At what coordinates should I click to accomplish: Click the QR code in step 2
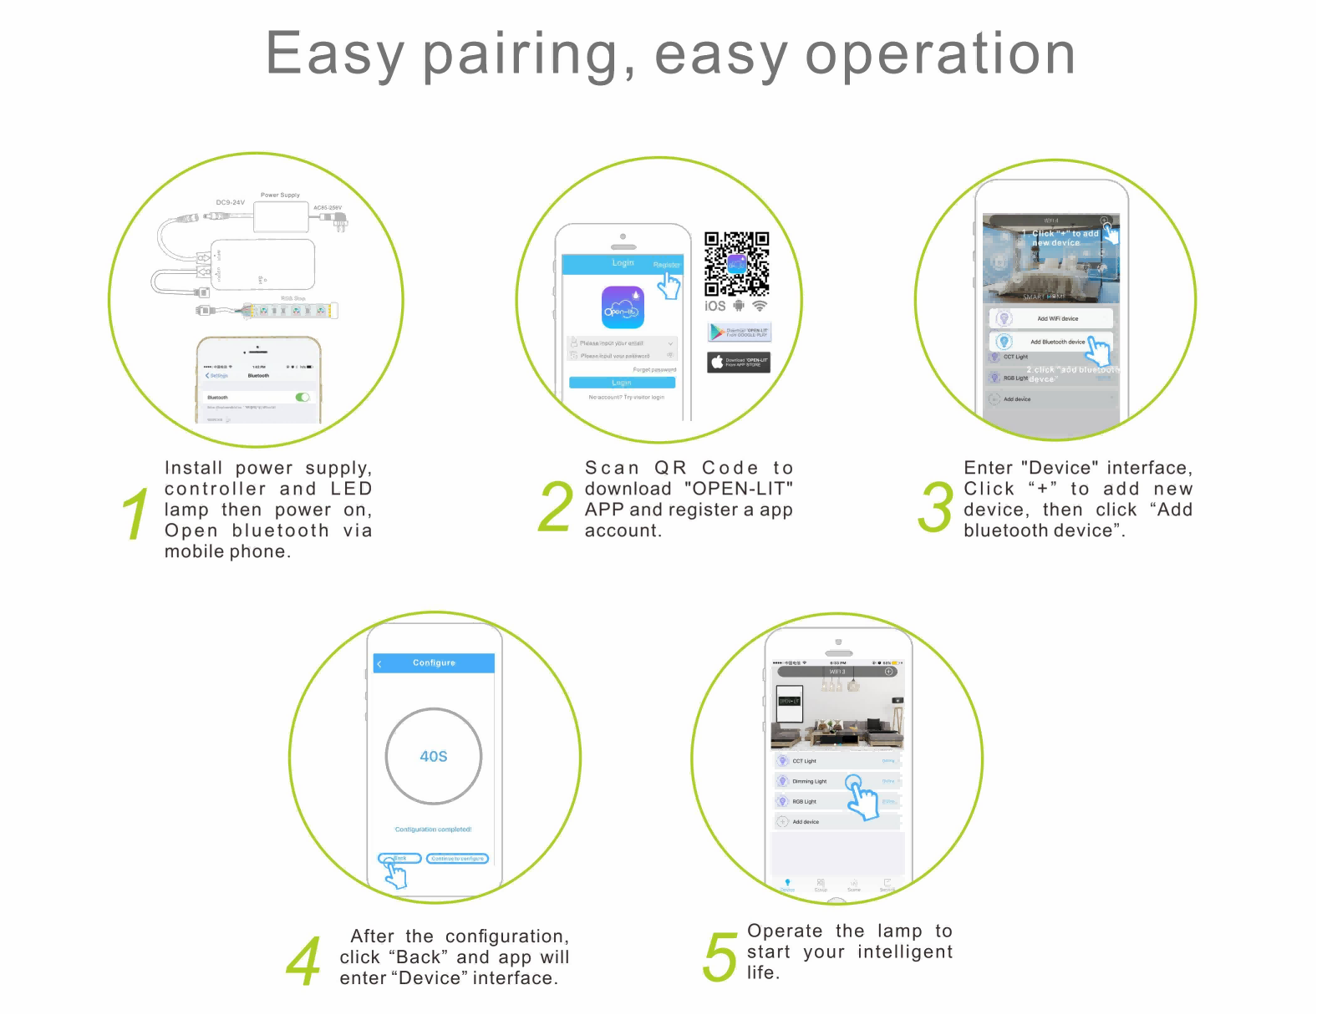pos(736,264)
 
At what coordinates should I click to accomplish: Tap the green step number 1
pos(135,513)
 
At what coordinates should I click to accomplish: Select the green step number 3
pos(935,507)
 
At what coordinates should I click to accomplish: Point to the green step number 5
pos(720,956)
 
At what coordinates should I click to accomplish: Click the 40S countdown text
pos(433,756)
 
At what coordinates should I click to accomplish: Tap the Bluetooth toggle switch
pos(303,397)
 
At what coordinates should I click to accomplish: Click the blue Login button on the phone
pos(622,383)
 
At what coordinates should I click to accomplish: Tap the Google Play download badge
pos(740,332)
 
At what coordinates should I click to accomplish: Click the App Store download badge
pos(739,363)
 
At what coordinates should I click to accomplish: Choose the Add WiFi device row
pos(1052,318)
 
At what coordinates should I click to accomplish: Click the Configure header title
pos(434,662)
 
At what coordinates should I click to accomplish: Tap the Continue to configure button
pos(457,858)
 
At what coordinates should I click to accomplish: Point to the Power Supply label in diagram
pos(280,195)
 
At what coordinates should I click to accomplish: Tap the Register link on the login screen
pos(666,265)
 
